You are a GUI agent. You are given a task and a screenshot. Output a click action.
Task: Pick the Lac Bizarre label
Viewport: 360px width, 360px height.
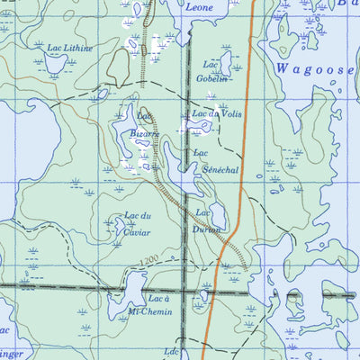point(143,125)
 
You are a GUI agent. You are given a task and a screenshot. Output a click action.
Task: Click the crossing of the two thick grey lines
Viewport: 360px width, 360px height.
point(187,292)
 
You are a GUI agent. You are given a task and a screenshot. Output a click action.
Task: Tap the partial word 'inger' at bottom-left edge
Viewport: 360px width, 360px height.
point(11,355)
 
